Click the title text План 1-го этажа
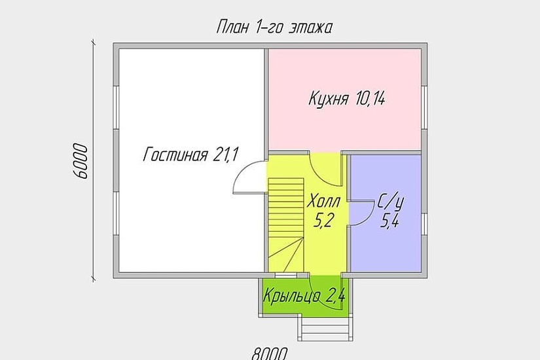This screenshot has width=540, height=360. point(274,27)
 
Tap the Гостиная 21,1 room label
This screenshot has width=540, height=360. point(190,154)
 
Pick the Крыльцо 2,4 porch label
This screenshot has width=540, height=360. point(304,297)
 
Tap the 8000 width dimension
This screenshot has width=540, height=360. point(269,353)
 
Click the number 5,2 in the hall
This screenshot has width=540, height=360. point(321,221)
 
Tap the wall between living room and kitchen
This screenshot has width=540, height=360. point(266,98)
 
